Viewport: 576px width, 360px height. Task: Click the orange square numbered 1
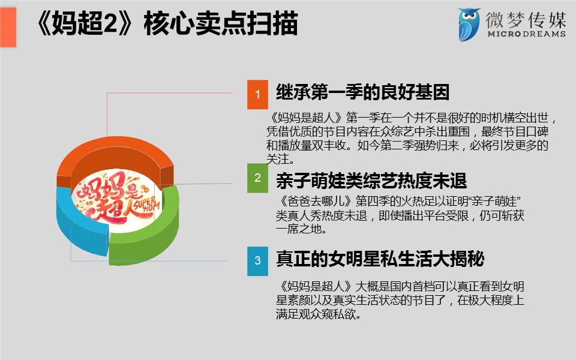257,94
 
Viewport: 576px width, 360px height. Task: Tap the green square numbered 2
257,178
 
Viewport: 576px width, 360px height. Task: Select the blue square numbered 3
257,261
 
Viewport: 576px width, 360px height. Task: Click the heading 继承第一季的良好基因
362,92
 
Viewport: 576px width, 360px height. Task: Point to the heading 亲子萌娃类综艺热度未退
371,181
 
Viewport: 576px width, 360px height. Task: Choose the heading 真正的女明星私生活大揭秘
380,259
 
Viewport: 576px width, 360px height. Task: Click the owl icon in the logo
469,24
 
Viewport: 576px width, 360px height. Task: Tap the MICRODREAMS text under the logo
526,34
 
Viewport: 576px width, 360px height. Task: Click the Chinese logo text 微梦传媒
526,19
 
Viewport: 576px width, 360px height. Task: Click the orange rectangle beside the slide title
8,27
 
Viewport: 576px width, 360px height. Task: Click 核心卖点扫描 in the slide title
220,23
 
